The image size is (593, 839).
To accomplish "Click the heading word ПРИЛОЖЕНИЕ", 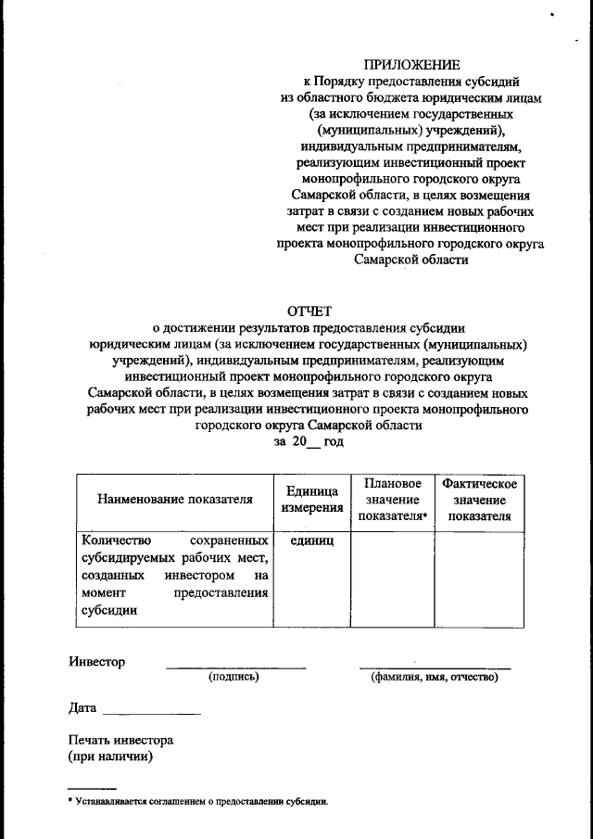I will pyautogui.click(x=411, y=65).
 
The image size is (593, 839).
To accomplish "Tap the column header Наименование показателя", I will pyautogui.click(x=175, y=500).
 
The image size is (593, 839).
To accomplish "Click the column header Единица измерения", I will pyautogui.click(x=311, y=500).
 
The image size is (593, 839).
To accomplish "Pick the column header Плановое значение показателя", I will pyautogui.click(x=393, y=500).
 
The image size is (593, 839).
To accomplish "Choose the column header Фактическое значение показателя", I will pyautogui.click(x=479, y=500).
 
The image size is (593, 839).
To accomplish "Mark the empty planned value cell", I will pyautogui.click(x=393, y=577).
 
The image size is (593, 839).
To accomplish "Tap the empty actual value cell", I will pyautogui.click(x=479, y=577).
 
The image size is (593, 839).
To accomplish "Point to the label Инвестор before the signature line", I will pyautogui.click(x=96, y=662).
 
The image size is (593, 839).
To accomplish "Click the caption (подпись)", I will pyautogui.click(x=233, y=678).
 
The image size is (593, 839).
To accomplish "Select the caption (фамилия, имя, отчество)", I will pyautogui.click(x=434, y=678).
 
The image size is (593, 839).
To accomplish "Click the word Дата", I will pyautogui.click(x=82, y=708).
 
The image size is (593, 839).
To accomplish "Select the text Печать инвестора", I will pyautogui.click(x=120, y=741).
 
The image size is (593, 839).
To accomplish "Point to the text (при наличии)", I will pyautogui.click(x=110, y=756).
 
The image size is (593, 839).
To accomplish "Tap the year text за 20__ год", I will pyautogui.click(x=309, y=443).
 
